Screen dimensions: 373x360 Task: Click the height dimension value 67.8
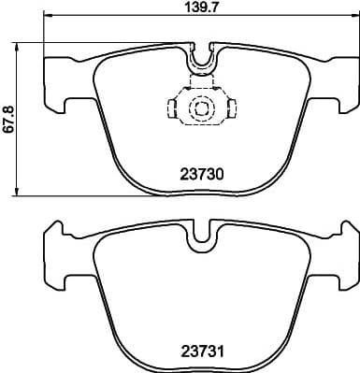9,119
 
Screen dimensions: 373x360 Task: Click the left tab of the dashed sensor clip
172,109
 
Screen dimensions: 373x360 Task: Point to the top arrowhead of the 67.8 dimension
20,46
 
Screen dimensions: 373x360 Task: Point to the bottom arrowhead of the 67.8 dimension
20,192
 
